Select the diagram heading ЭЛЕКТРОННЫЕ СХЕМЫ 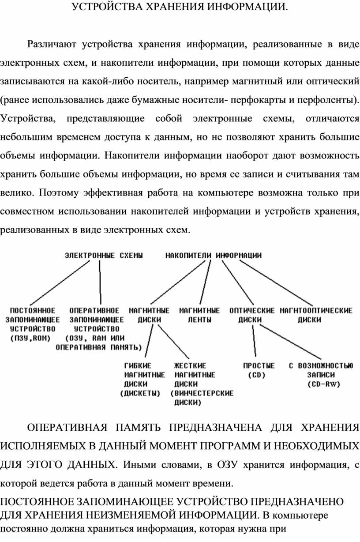[x=104, y=256]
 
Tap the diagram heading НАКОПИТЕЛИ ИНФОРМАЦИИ [x=214, y=256]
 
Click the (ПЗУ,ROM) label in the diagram [x=30, y=338]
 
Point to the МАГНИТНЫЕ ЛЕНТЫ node [x=199, y=315]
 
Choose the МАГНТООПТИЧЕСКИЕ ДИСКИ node [x=316, y=315]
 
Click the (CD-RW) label [x=324, y=384]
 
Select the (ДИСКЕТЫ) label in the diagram [x=140, y=393]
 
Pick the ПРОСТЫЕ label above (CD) [x=259, y=365]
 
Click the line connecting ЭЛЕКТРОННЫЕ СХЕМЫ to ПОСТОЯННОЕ [x=60, y=283]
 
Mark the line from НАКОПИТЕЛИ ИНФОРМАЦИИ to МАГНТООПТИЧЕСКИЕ [x=276, y=283]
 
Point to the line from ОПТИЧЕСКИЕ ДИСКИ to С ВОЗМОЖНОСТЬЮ [x=291, y=342]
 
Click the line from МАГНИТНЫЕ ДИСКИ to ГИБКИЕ [x=149, y=341]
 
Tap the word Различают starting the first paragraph [x=52, y=44]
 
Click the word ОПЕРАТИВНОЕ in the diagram [x=94, y=311]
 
